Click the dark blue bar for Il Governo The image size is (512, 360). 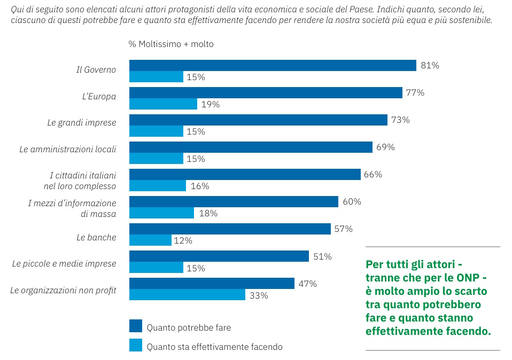(273, 65)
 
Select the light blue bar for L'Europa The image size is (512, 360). (163, 104)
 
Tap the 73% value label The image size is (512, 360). (400, 120)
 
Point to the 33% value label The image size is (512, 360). (259, 295)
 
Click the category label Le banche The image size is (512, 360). (96, 237)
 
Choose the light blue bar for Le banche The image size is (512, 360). (150, 240)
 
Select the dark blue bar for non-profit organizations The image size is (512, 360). (212, 283)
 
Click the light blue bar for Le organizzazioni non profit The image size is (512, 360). (187, 295)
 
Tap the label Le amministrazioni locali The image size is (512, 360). (68, 150)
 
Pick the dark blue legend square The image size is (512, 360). (136, 326)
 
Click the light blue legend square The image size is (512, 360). (136, 346)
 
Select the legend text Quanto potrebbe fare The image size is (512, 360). (189, 327)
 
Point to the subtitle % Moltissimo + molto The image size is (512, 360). (171, 44)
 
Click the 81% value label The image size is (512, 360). (430, 66)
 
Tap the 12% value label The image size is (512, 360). (183, 241)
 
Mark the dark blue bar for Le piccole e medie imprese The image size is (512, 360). (219, 256)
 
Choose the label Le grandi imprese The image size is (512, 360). (81, 123)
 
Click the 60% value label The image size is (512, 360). (352, 202)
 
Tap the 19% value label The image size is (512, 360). (210, 105)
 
